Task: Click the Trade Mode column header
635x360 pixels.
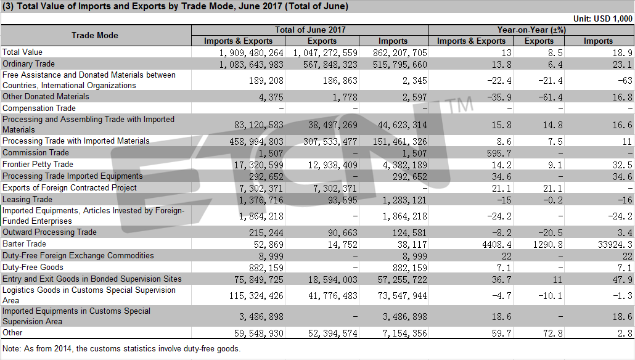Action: pos(95,35)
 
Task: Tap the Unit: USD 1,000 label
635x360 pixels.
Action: pos(602,18)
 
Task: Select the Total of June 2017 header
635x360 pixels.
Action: pos(310,30)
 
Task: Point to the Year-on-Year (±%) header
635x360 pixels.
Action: pos(531,30)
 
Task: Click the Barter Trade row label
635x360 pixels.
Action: pos(24,243)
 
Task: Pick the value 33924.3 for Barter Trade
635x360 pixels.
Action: pos(615,244)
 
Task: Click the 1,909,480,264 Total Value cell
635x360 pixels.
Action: pos(251,52)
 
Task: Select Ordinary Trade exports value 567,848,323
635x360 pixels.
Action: pos(330,64)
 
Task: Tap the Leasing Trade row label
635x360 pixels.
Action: pos(27,199)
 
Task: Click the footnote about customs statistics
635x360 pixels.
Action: pos(121,349)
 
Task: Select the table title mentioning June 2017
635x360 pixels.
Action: pos(175,7)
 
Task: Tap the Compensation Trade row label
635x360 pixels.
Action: pos(39,108)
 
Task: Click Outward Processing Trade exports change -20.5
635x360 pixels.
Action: pos(550,232)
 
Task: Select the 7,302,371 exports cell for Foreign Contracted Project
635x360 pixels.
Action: pos(335,188)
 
